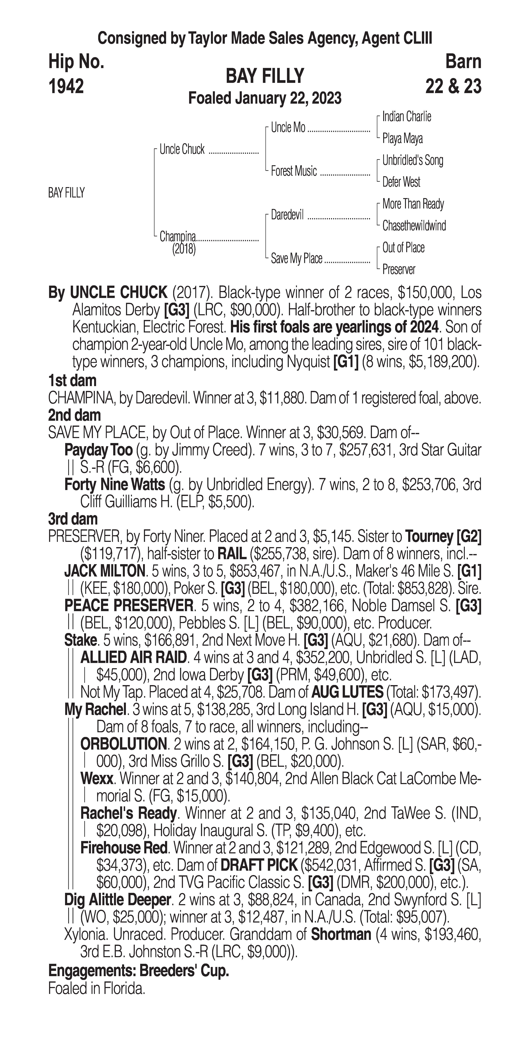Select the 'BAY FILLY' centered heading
[x=265, y=76]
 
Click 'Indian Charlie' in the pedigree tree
[x=407, y=117]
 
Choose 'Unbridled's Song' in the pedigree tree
[x=413, y=160]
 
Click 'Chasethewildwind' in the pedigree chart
[x=414, y=226]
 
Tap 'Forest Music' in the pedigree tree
[x=294, y=171]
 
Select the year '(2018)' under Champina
[x=184, y=249]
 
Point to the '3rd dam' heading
[x=73, y=519]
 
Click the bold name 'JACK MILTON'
[x=104, y=571]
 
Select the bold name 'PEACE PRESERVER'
[x=129, y=606]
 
